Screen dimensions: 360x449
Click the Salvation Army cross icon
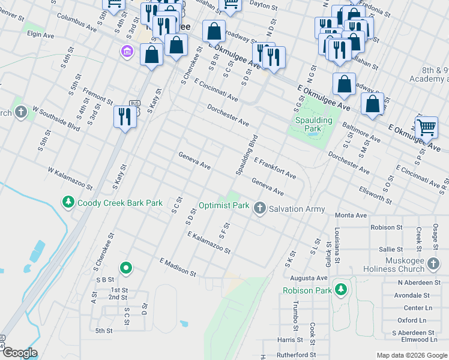pyautogui.click(x=259, y=208)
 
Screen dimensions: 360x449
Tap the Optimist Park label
pyautogui.click(x=224, y=205)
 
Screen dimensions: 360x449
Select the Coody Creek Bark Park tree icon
pyautogui.click(x=69, y=202)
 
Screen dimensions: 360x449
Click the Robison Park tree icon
pyautogui.click(x=341, y=290)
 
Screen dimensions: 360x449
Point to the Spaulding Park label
pyautogui.click(x=313, y=124)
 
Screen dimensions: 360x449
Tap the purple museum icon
pyautogui.click(x=127, y=52)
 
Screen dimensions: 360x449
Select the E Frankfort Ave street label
pyautogui.click(x=275, y=169)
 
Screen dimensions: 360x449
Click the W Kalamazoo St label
pyautogui.click(x=71, y=178)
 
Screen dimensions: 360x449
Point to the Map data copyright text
pyautogui.click(x=411, y=355)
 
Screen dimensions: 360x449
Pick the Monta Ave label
pyautogui.click(x=351, y=215)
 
